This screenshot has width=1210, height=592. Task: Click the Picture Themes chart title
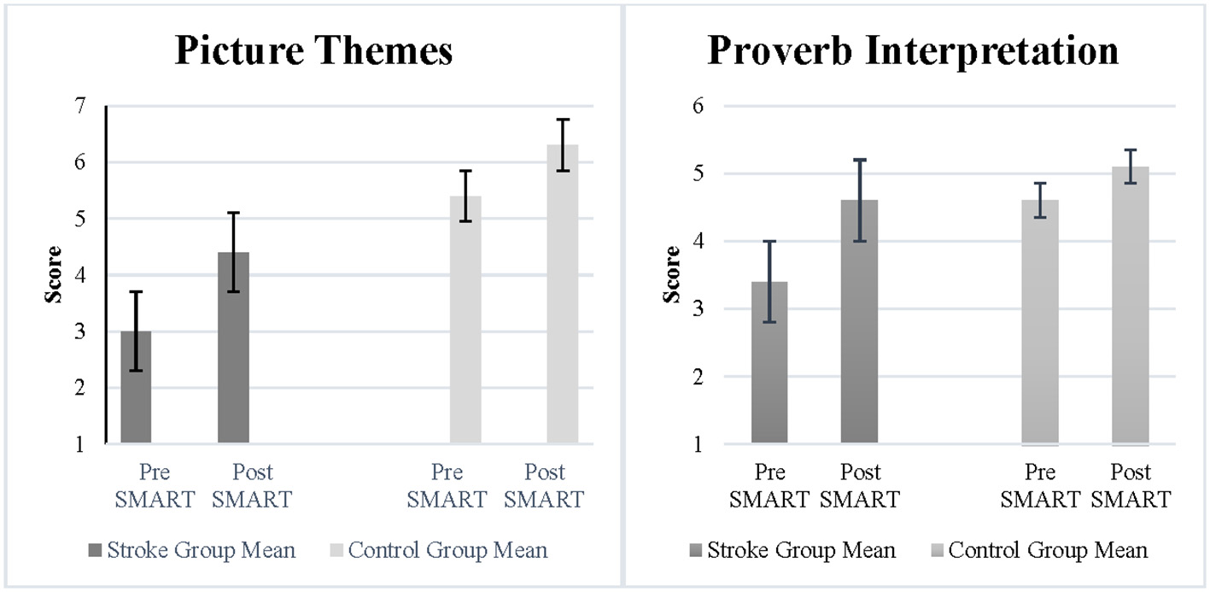[313, 51]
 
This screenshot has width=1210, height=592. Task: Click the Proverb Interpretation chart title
[913, 51]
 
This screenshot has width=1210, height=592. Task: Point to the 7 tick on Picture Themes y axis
[80, 107]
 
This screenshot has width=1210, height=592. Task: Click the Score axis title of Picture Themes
[54, 274]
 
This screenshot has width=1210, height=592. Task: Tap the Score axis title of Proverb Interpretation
[672, 274]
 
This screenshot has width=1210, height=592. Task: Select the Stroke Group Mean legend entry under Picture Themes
[201, 550]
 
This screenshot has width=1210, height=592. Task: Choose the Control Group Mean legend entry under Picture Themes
[447, 550]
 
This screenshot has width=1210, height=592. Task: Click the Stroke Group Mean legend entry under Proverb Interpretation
[801, 550]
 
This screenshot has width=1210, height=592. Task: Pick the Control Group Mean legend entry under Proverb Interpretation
[1048, 550]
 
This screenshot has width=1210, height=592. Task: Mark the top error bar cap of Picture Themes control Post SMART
[563, 120]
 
